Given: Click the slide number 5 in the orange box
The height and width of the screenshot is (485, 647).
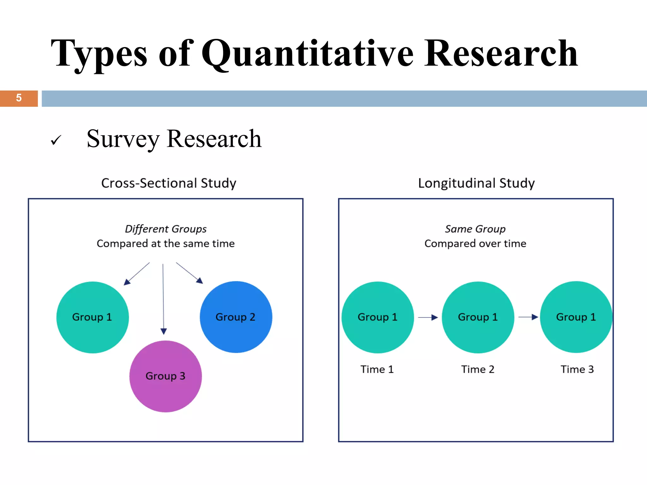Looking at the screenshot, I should tap(19, 98).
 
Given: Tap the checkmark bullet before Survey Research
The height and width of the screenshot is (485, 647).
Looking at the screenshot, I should tap(56, 140).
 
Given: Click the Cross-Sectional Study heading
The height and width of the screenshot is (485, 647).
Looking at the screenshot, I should tap(169, 183).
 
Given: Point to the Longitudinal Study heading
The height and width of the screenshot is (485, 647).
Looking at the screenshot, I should tap(476, 183).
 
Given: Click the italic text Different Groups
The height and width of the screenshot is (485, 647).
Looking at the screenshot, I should tap(166, 229).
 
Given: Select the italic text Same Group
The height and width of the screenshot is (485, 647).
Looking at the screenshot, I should tap(475, 229).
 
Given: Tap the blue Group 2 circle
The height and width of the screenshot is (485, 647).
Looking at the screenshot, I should tap(236, 317).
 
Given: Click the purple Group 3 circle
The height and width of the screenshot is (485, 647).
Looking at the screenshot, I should tap(166, 376).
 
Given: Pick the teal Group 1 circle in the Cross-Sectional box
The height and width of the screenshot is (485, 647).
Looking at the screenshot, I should tap(92, 317).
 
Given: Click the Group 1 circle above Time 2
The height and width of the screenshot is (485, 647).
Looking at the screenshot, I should tap(478, 317).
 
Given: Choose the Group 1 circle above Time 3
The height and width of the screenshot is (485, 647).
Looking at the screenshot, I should tap(576, 317).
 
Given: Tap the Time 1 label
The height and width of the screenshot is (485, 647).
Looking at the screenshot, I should tap(377, 369).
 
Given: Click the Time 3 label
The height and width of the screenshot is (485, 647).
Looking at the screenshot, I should tap(577, 369).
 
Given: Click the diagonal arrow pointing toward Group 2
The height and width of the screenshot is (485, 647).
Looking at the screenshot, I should tap(189, 273).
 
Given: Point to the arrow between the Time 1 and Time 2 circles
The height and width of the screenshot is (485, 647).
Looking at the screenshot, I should tap(428, 317).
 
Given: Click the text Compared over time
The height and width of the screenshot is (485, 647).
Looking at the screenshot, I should tap(475, 243).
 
